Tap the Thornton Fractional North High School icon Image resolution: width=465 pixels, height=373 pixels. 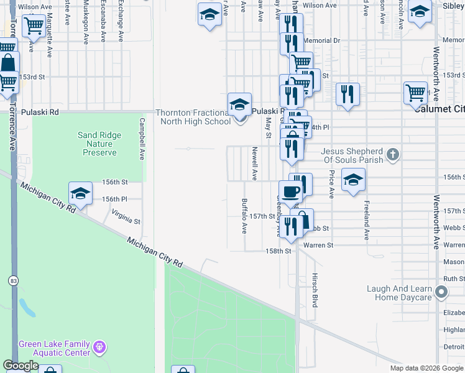tap(239, 106)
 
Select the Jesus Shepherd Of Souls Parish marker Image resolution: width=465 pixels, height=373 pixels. tap(392, 153)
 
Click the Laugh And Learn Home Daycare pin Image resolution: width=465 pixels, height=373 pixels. tap(441, 291)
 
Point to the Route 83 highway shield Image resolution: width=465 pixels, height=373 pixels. tap(13, 281)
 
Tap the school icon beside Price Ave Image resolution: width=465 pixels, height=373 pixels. tap(353, 181)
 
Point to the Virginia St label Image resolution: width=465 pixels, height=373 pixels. tap(126, 216)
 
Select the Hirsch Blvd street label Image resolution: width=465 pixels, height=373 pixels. tap(315, 290)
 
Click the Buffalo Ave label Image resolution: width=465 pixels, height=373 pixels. tap(244, 215)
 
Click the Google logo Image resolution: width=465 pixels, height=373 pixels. tap(21, 366)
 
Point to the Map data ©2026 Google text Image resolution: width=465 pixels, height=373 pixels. tap(425, 368)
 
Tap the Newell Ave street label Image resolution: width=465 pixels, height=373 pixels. tap(254, 163)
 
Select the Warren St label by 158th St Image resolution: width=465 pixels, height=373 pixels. tap(318, 246)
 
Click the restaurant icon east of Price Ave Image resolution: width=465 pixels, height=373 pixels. tap(348, 95)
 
